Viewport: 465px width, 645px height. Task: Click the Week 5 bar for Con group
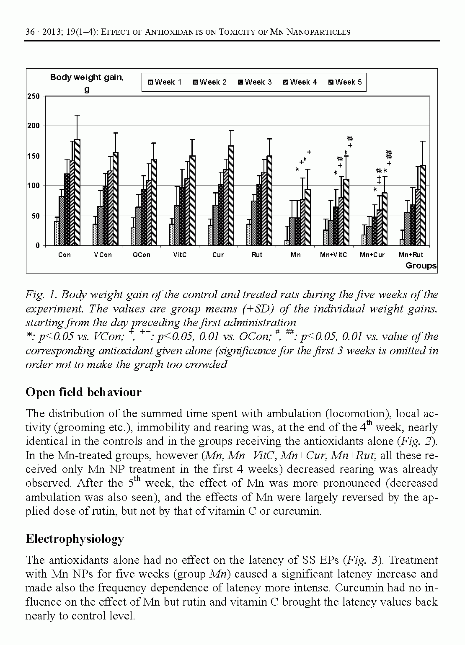[x=77, y=193]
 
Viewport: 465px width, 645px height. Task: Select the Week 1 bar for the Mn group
[x=287, y=243]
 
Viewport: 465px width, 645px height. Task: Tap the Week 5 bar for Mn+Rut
[x=423, y=205]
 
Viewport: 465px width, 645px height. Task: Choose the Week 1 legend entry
[x=164, y=82]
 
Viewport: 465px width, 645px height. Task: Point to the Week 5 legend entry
[x=345, y=82]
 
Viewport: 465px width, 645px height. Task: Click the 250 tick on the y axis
[x=34, y=96]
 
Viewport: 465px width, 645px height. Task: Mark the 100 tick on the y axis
[x=34, y=186]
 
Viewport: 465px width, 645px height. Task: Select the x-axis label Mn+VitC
[x=333, y=255]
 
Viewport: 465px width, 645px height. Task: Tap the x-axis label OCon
[x=141, y=255]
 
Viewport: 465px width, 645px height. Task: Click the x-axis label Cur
[x=218, y=255]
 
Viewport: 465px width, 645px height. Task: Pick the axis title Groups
[x=421, y=266]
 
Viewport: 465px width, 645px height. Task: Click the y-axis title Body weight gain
[x=87, y=77]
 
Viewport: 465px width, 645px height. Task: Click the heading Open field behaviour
[x=83, y=392]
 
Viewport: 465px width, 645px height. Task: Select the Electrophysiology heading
[x=75, y=539]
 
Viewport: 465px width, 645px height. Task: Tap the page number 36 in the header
[x=30, y=32]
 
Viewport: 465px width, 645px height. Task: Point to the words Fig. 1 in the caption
[x=40, y=294]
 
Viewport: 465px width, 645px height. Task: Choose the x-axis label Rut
[x=257, y=255]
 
